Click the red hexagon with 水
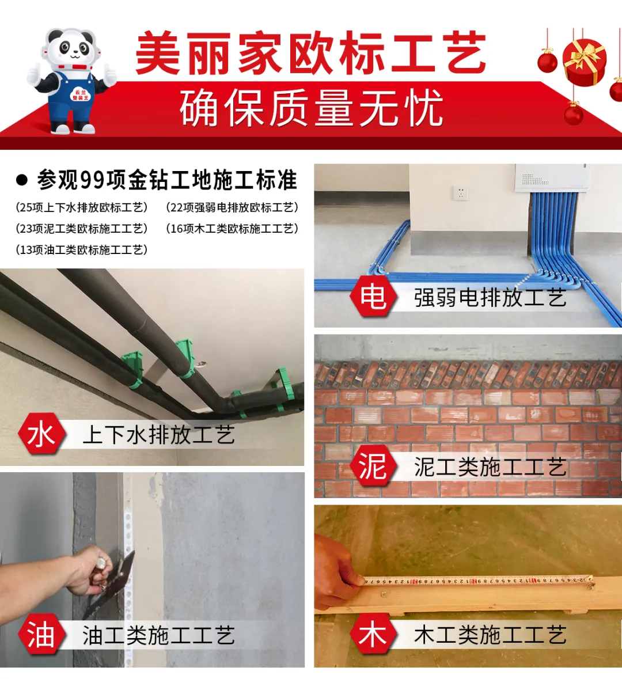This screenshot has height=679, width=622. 41,434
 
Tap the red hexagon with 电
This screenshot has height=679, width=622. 373,297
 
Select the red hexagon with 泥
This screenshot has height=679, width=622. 373,466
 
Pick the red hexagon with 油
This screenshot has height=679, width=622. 41,635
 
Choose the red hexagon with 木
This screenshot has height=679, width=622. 373,635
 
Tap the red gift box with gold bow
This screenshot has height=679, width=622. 585,62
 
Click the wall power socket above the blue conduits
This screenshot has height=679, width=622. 461,193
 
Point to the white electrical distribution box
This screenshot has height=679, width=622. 551,177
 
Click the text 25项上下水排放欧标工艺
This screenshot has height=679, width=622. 81,207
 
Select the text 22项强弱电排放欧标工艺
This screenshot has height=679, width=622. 232,207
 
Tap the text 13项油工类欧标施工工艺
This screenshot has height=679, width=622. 81,250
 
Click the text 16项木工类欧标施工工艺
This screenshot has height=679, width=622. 232,229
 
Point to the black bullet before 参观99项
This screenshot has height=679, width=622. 22,180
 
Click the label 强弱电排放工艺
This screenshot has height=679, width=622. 490,298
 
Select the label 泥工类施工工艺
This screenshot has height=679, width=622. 490,467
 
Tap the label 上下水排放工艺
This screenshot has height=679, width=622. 158,435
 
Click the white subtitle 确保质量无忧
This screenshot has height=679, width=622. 312,108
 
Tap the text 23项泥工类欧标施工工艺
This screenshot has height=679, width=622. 81,229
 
